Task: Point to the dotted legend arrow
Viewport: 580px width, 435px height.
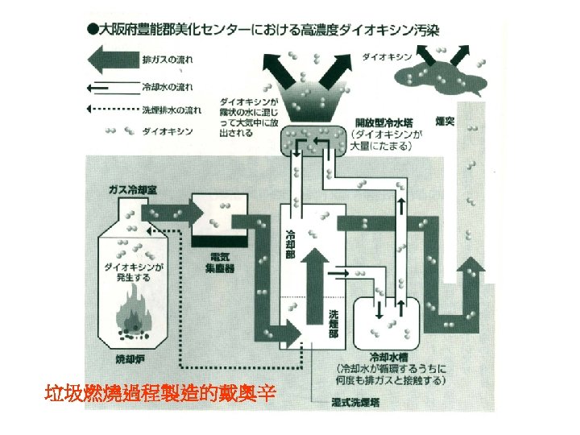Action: (110, 109)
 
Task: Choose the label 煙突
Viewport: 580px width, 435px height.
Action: (445, 122)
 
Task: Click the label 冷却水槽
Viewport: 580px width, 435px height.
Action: (388, 355)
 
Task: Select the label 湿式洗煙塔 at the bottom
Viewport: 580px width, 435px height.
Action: (356, 400)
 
